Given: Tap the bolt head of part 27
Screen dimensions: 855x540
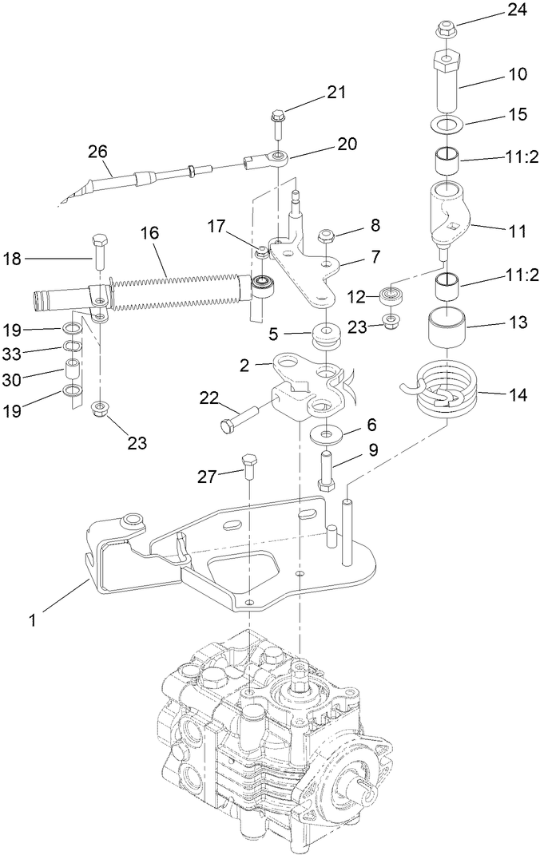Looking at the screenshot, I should (248, 461).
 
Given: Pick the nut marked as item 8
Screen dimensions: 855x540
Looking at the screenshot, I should (325, 236).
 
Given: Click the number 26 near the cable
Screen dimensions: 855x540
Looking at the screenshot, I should (98, 151).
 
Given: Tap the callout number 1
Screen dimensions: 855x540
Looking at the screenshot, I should (34, 617).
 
